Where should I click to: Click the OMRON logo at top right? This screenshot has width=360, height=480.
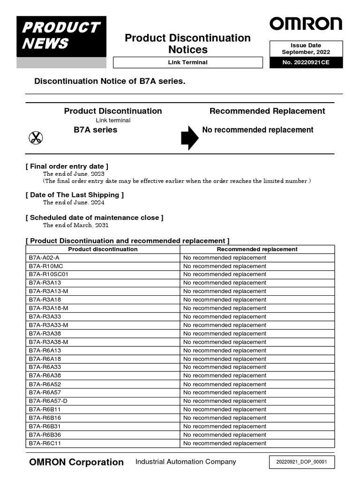[x=306, y=24]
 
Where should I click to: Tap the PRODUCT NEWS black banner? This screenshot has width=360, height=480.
[x=61, y=36]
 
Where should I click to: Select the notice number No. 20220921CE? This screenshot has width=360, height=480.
[x=306, y=62]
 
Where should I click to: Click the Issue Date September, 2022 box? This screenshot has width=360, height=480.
[x=306, y=49]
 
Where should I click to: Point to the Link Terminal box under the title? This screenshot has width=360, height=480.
[x=187, y=62]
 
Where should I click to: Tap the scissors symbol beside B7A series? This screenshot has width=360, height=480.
[x=36, y=137]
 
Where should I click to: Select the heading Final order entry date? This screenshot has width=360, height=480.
[x=67, y=166]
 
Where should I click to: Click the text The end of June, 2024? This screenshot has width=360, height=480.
[x=74, y=202]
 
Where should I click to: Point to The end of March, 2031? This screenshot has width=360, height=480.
[x=75, y=225]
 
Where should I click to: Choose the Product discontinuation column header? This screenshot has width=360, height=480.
[x=103, y=249]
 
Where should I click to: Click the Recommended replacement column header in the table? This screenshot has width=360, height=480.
[x=257, y=249]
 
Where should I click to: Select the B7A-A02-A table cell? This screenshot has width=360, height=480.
[x=44, y=258]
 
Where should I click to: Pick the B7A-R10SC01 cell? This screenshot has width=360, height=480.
[x=49, y=274]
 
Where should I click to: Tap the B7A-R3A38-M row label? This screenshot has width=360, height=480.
[x=48, y=342]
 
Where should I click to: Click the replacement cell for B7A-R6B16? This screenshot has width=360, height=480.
[x=225, y=418]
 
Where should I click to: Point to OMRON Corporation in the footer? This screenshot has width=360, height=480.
[x=76, y=462]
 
